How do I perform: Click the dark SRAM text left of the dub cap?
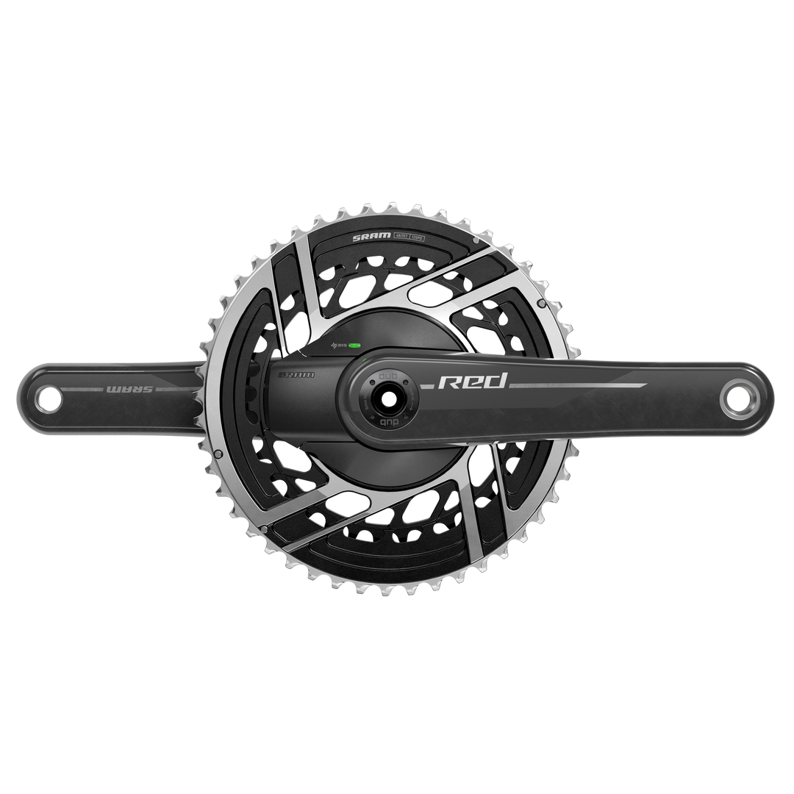point(297,374)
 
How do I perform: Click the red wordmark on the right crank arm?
point(473,381)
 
